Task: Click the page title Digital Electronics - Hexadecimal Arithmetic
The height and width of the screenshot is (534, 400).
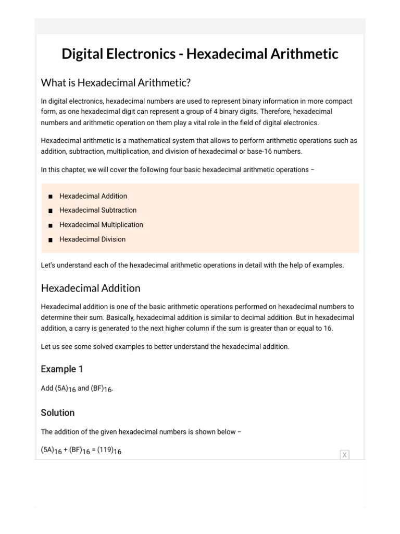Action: click(200, 54)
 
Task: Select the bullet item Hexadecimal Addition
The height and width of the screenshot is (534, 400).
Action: click(93, 196)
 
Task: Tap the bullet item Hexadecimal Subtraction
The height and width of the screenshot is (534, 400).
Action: click(98, 210)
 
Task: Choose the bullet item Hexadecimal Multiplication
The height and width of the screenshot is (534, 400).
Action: click(101, 225)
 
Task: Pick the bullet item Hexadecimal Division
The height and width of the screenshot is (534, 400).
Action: click(92, 239)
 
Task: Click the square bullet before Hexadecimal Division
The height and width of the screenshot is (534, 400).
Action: click(50, 240)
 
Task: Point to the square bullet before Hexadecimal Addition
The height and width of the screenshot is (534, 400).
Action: click(50, 197)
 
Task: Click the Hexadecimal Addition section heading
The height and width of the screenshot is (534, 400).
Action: click(91, 288)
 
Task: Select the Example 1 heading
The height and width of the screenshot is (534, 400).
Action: click(61, 369)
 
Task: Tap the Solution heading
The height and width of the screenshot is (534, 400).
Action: click(57, 412)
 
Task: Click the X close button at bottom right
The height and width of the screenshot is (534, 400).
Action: click(344, 455)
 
